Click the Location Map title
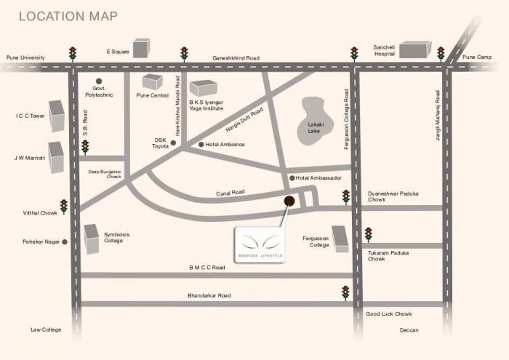[x=68, y=16]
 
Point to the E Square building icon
[x=141, y=47]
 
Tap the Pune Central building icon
[x=153, y=81]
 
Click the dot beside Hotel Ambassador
[x=292, y=178]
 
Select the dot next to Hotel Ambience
[x=201, y=145]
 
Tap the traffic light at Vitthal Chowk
[x=64, y=206]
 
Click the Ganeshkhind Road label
[x=236, y=57]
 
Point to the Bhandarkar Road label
[x=209, y=296]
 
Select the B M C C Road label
[x=207, y=268]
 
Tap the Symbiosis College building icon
[x=91, y=239]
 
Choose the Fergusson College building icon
[x=340, y=237]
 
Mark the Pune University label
[x=26, y=57]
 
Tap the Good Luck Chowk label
[x=388, y=313]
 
